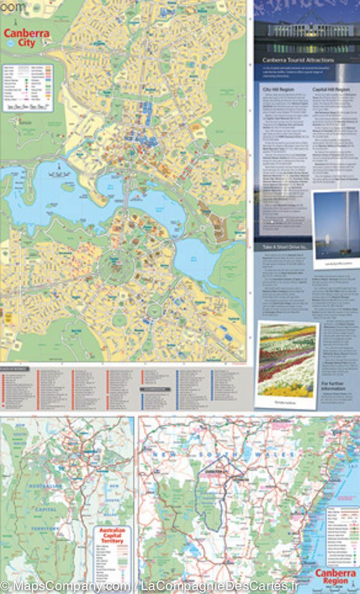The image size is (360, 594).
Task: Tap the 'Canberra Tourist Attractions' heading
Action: coord(298,60)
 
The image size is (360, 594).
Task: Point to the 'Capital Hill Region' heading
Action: coord(331,90)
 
